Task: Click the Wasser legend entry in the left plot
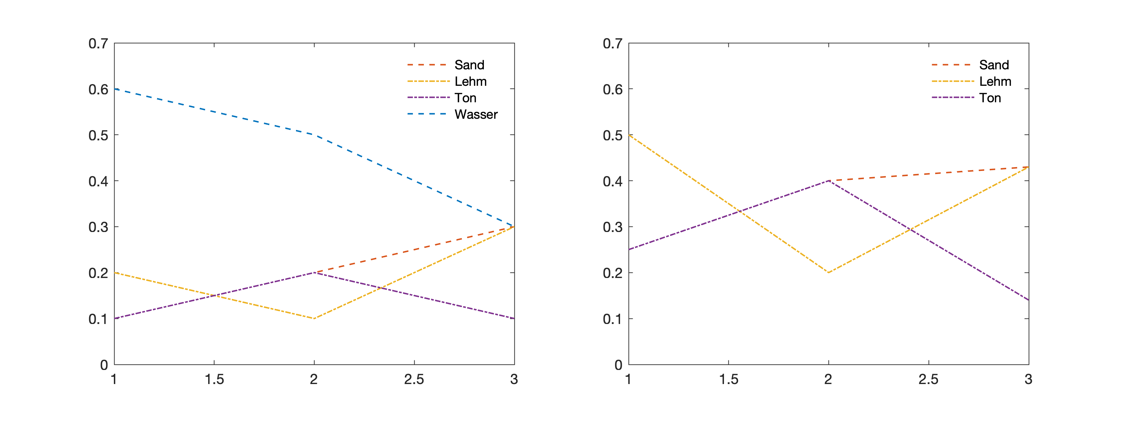point(476,115)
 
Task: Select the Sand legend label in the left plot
point(469,65)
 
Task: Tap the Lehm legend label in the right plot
point(995,82)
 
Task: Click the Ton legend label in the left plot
point(465,98)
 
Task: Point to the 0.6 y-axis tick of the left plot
point(98,90)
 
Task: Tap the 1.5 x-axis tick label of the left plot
point(214,379)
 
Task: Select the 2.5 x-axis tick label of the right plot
point(928,379)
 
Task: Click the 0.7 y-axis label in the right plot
point(612,44)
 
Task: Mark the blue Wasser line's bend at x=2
point(314,135)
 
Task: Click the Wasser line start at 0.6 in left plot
point(115,89)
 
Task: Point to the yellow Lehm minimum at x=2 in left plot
point(314,318)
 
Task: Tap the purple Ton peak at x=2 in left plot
point(314,272)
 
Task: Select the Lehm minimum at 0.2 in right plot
point(829,272)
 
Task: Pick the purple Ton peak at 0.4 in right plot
point(829,181)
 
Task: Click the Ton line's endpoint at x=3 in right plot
point(1028,300)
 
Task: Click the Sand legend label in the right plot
point(994,65)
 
